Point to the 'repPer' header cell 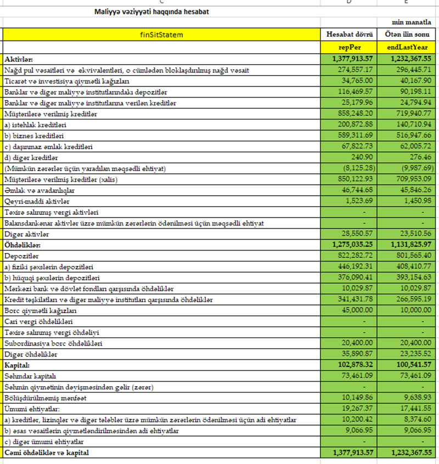coord(350,47)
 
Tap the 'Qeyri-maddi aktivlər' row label coord(37,201)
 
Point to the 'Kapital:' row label coord(18,365)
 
